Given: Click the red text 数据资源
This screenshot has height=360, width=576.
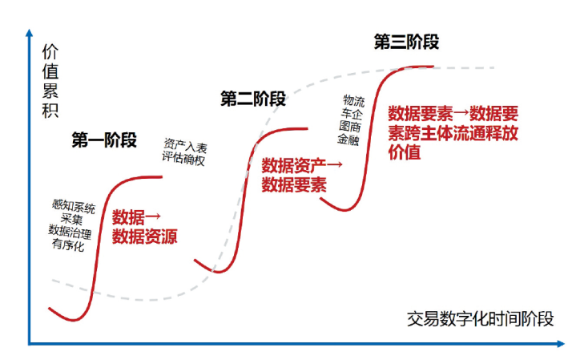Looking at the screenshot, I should (x=144, y=237).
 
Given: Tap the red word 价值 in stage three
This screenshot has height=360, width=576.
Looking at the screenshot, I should (x=404, y=152).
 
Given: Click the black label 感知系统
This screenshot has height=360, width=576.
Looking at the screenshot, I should (x=73, y=207).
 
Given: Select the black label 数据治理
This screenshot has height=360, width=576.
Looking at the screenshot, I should (x=71, y=233).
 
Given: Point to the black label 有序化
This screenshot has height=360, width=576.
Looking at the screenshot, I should (x=69, y=245).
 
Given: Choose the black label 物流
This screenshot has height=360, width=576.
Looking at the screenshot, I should (x=354, y=100).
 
